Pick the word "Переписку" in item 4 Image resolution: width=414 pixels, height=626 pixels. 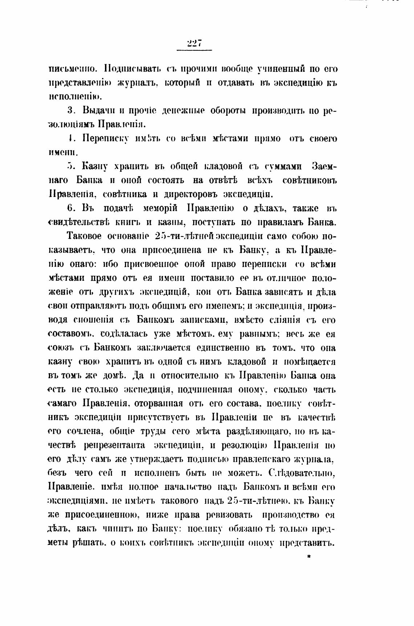(105, 139)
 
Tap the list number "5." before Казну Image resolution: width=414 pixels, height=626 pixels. (71, 166)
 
